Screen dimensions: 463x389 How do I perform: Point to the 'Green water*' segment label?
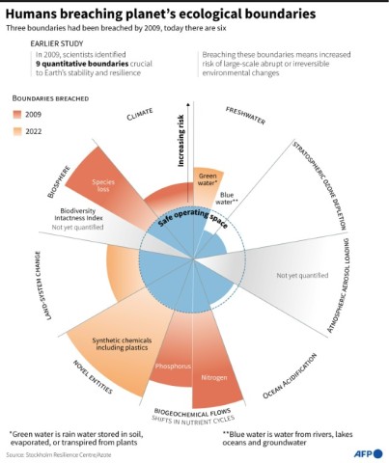tap(208, 177)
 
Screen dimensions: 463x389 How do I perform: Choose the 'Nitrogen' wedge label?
tap(213, 376)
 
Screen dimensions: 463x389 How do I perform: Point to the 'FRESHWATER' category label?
tap(245, 116)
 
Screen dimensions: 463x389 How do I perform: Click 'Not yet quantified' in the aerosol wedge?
tap(302, 275)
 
